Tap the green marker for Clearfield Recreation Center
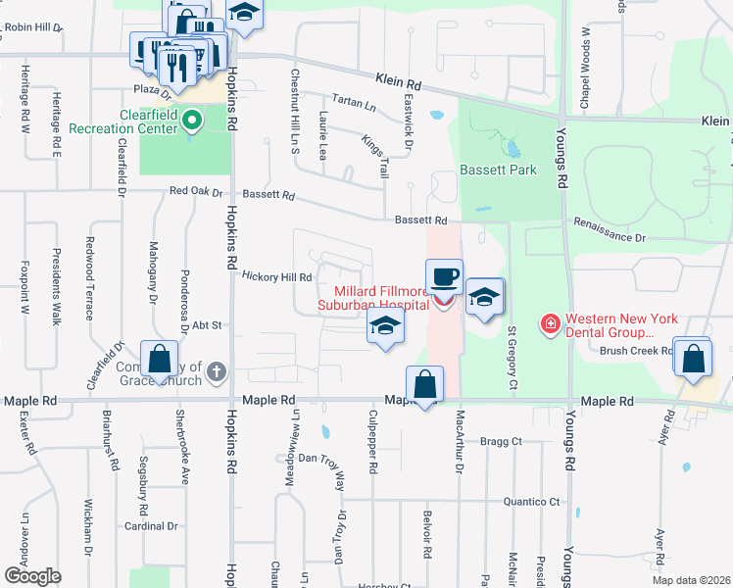[x=193, y=122]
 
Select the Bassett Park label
[x=500, y=170]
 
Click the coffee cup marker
[x=444, y=277]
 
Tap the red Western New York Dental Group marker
[x=550, y=322]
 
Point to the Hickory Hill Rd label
[x=276, y=277]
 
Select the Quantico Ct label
[x=531, y=502]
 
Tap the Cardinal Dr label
[x=150, y=525]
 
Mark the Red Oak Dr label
[x=196, y=191]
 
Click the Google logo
[x=32, y=575]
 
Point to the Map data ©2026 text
[x=690, y=580]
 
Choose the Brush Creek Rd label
[x=635, y=350]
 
